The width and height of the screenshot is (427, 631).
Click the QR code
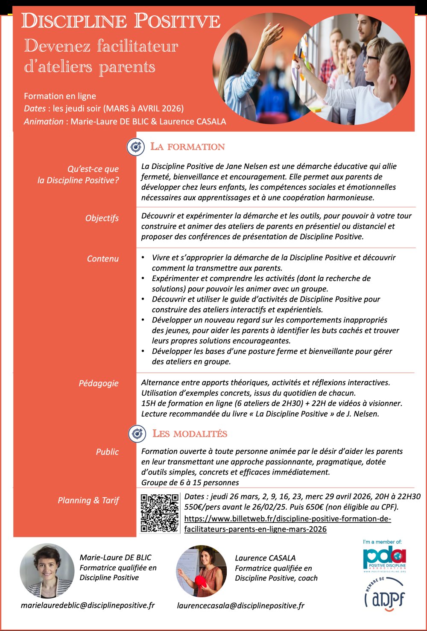pyautogui.click(x=160, y=513)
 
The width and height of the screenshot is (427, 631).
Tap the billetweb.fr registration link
pyautogui.click(x=287, y=524)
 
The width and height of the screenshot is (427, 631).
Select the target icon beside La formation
pyautogui.click(x=136, y=147)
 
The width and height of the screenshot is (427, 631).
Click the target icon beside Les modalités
pyautogui.click(x=137, y=434)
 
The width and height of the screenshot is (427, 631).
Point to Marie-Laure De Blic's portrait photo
pyautogui.click(x=47, y=571)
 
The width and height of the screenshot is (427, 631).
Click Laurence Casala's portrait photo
pyautogui.click(x=202, y=571)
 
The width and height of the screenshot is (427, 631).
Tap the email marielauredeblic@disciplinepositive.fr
pyautogui.click(x=88, y=605)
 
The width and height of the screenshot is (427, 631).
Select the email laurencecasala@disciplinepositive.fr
pyautogui.click(x=241, y=605)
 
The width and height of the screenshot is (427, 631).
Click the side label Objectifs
pyautogui.click(x=102, y=218)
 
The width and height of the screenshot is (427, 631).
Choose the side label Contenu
pyautogui.click(x=103, y=259)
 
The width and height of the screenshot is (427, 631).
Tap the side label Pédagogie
pyautogui.click(x=99, y=383)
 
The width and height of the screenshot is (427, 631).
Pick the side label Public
pyautogui.click(x=107, y=452)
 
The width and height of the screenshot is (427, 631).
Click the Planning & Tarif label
pyautogui.click(x=88, y=500)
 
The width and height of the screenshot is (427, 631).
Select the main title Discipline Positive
pyautogui.click(x=121, y=21)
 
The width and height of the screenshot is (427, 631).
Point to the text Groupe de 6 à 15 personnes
pyautogui.click(x=190, y=482)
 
